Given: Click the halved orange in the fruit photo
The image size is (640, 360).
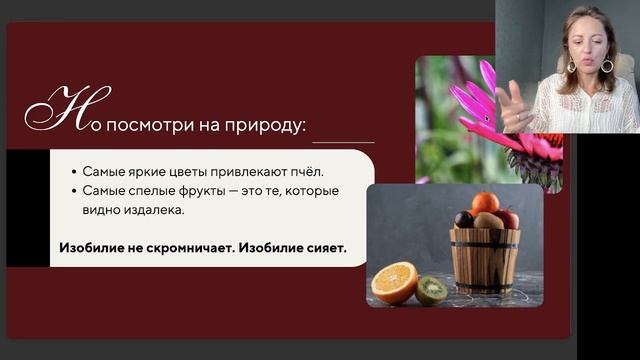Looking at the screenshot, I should [x=394, y=282].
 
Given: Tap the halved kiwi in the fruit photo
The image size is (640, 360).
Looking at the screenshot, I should [x=431, y=290].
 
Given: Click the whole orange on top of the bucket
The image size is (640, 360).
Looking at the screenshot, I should [x=485, y=204].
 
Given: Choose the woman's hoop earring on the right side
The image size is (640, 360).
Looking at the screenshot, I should [x=607, y=66].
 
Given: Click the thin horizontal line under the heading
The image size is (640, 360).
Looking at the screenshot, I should [x=340, y=142].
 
